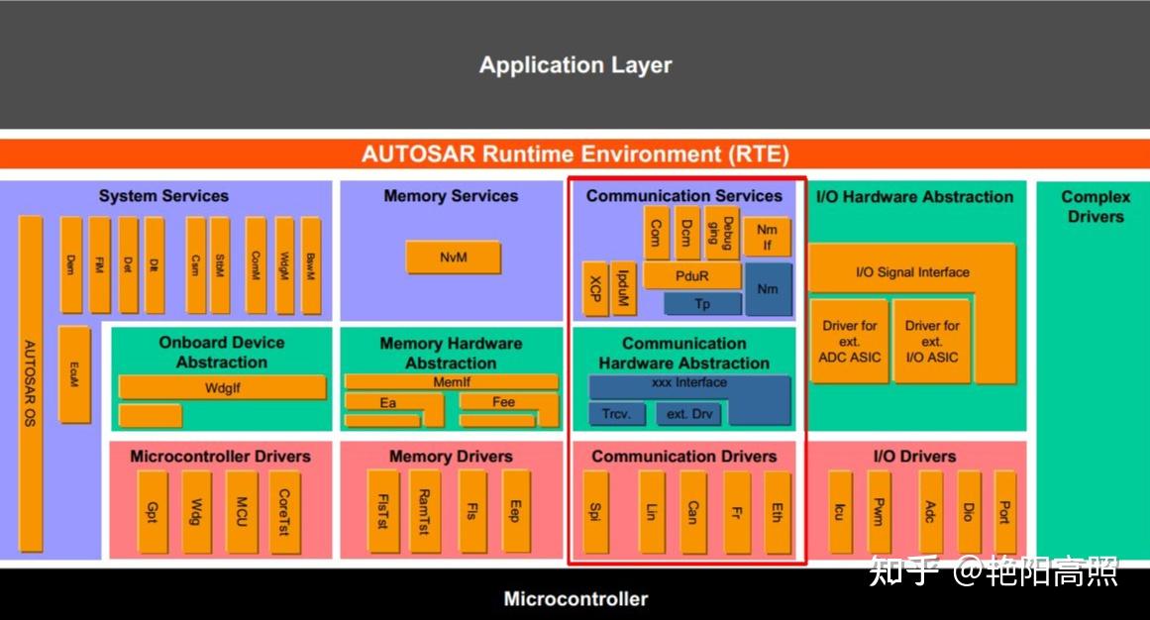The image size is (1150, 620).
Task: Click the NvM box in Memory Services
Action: point(453,258)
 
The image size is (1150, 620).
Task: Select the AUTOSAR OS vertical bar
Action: point(31,383)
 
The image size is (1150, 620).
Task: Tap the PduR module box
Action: point(691,276)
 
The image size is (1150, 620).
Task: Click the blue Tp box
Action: point(701,304)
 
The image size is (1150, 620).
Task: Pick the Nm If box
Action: point(767,238)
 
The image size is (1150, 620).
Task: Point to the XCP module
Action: point(594,289)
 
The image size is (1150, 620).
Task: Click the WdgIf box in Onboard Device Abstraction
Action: point(222,387)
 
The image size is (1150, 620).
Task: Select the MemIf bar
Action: point(451,381)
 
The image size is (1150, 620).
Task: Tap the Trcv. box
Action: point(617,414)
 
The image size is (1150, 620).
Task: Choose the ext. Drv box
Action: point(689,414)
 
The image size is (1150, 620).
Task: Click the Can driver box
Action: point(692,512)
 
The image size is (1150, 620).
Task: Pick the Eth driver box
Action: point(778,512)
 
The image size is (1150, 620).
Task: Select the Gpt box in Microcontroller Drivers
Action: point(152,512)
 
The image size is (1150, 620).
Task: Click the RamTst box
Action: point(424,512)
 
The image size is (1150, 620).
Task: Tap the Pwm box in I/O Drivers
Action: point(880,512)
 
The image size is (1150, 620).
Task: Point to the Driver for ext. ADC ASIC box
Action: point(849,342)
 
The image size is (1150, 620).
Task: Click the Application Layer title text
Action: point(575,65)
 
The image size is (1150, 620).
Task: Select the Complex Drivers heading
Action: point(1095,206)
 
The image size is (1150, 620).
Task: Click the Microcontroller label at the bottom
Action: point(575,598)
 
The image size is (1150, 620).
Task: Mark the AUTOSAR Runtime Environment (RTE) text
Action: point(575,155)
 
